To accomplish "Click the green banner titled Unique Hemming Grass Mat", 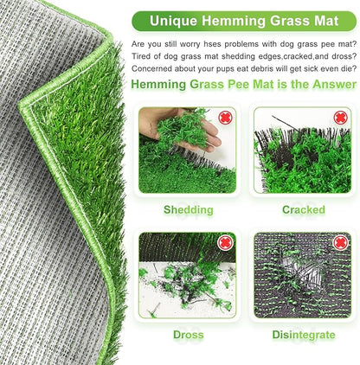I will (245, 19).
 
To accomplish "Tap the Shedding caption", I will (188, 209).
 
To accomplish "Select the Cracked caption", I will (303, 209).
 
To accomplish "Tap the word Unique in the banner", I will (173, 19).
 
